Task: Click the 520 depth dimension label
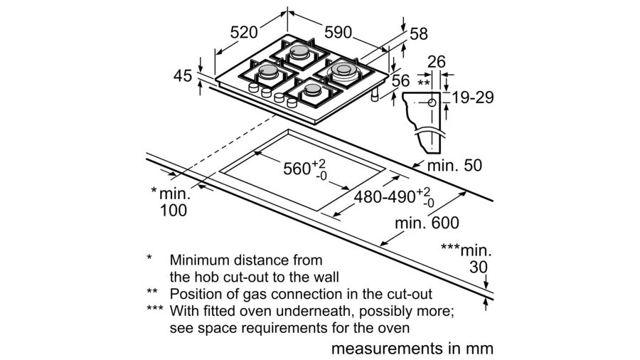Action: click(244, 32)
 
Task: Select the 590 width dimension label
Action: click(338, 32)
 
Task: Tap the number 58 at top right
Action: click(418, 34)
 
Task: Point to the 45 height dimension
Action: click(183, 76)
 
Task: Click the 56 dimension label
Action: click(400, 80)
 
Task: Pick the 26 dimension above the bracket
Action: click(437, 62)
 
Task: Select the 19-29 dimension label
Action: click(473, 97)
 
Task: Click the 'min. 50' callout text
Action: click(454, 165)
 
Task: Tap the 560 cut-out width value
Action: click(297, 169)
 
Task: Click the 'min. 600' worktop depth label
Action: click(427, 223)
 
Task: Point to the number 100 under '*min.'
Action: click(173, 210)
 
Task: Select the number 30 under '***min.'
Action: click(479, 267)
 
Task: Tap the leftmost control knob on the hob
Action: click(253, 88)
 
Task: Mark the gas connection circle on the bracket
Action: click(432, 102)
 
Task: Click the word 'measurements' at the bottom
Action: click(387, 349)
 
